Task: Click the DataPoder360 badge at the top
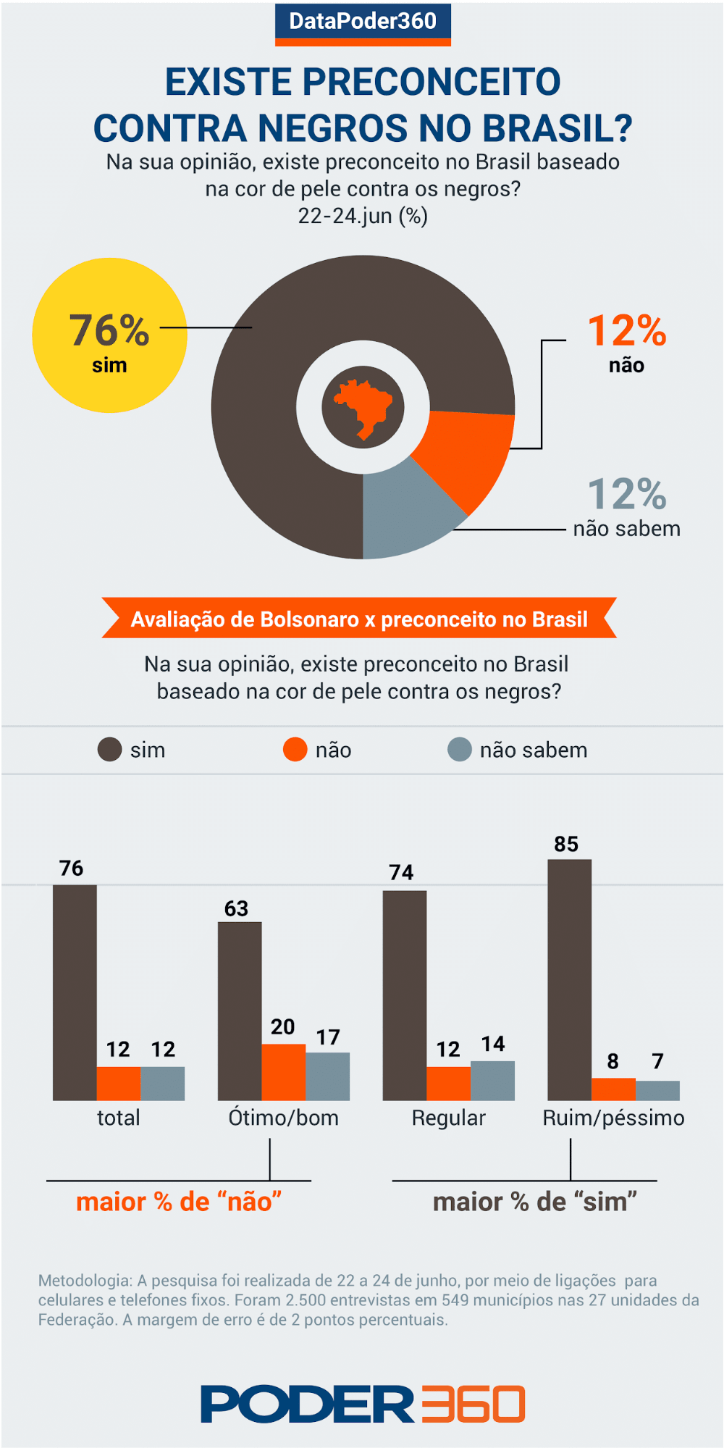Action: click(363, 22)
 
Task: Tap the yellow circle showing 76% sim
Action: click(109, 335)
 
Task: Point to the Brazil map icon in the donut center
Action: click(363, 407)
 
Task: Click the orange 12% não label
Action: click(626, 340)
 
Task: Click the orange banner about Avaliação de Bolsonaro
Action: click(359, 619)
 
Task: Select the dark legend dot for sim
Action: click(109, 750)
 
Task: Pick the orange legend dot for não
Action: click(295, 750)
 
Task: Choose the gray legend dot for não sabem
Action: click(460, 750)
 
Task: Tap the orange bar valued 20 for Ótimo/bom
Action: click(283, 1072)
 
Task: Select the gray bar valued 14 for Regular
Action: click(492, 1081)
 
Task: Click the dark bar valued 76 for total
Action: click(75, 992)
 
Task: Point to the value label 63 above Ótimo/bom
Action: click(236, 908)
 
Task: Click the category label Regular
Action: click(448, 1118)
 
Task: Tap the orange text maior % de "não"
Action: click(179, 1202)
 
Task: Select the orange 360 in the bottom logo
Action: click(473, 1405)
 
